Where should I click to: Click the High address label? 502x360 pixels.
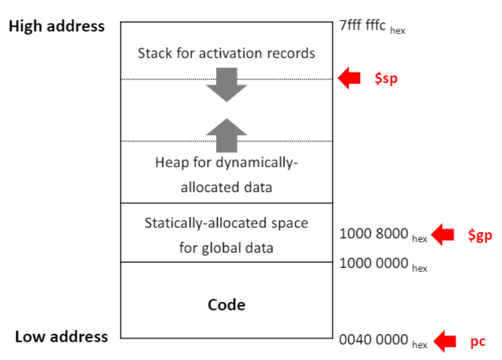56,27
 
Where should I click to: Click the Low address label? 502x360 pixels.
61,337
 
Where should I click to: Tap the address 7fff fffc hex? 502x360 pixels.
372,27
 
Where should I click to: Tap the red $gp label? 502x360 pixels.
480,235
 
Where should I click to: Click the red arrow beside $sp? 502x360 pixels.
349,78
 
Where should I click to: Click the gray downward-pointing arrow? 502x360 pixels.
226,85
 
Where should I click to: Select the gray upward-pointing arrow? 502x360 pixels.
226,133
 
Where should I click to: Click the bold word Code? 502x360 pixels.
226,304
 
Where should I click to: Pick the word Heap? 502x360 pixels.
170,163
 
